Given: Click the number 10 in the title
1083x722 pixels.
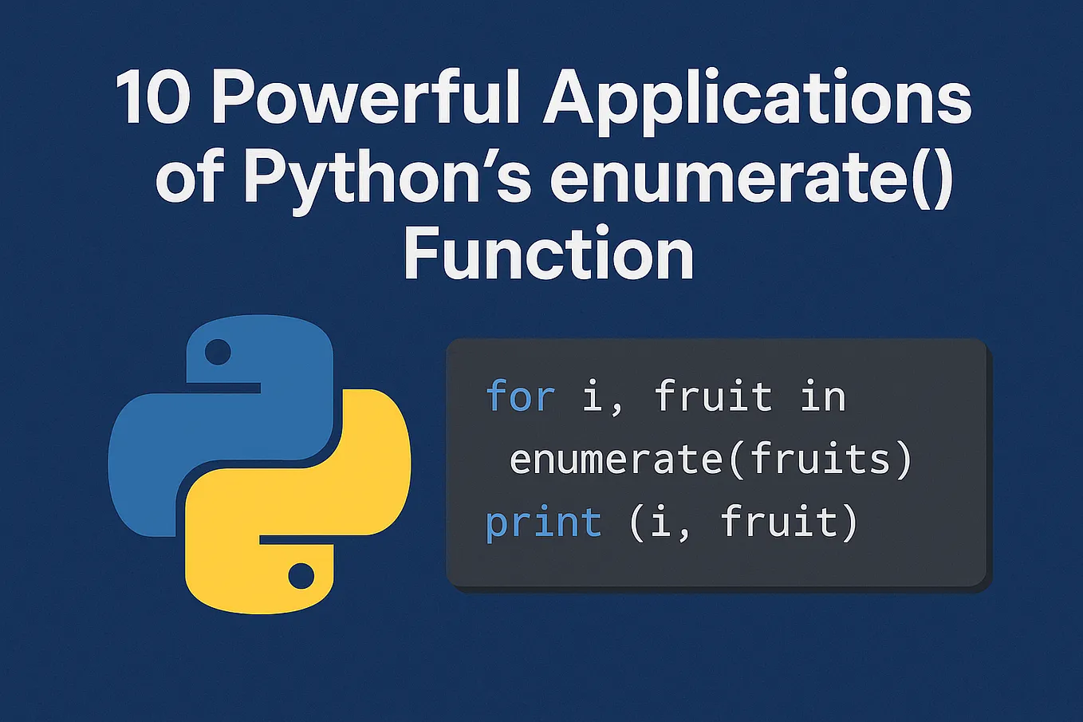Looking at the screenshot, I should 153,99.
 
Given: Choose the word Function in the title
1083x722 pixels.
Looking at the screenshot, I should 549,254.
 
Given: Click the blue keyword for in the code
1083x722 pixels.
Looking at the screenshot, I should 520,397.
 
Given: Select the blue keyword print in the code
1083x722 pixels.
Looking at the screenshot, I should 543,524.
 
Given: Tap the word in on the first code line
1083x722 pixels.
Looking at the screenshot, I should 823,397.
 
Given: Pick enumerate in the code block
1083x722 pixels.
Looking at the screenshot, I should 618,460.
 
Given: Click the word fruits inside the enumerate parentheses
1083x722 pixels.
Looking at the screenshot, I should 819,460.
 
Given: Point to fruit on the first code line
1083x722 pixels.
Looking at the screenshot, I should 713,397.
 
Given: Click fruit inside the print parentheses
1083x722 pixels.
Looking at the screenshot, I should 778,523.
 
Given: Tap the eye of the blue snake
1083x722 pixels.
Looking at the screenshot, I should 217,351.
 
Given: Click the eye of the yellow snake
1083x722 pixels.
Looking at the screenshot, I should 301,575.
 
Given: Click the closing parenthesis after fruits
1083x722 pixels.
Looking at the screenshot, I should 903,460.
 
